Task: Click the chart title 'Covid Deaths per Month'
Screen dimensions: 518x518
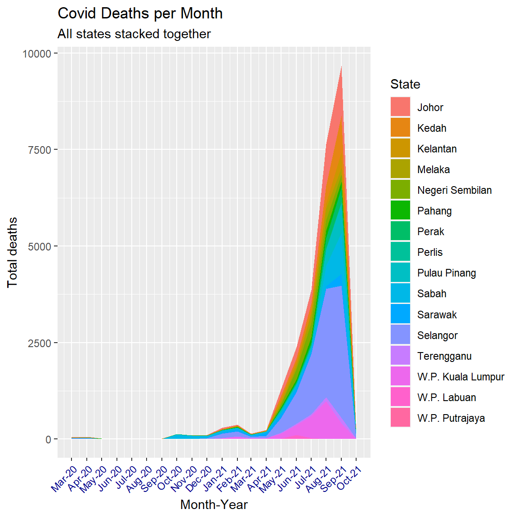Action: tap(140, 13)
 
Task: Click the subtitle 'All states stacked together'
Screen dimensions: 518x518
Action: tap(134, 34)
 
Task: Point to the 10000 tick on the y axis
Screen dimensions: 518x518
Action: tap(37, 54)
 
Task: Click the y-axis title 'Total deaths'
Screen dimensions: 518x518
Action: tap(12, 252)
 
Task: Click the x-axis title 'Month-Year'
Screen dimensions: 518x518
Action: tap(214, 505)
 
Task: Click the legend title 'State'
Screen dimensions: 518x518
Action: tap(405, 85)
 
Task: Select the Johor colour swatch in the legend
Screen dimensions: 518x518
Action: tap(400, 107)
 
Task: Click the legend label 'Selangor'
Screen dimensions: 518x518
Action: tap(437, 335)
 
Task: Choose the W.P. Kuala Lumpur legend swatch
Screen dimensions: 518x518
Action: tap(400, 377)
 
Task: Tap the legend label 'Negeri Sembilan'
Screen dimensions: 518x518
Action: tap(454, 190)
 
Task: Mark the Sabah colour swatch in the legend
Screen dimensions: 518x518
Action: tap(400, 294)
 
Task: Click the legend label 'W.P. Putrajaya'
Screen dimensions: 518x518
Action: tap(451, 418)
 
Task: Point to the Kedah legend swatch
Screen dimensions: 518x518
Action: tap(400, 128)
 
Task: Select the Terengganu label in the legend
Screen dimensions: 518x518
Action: tap(444, 356)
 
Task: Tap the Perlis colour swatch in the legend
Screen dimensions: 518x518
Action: tap(400, 252)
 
